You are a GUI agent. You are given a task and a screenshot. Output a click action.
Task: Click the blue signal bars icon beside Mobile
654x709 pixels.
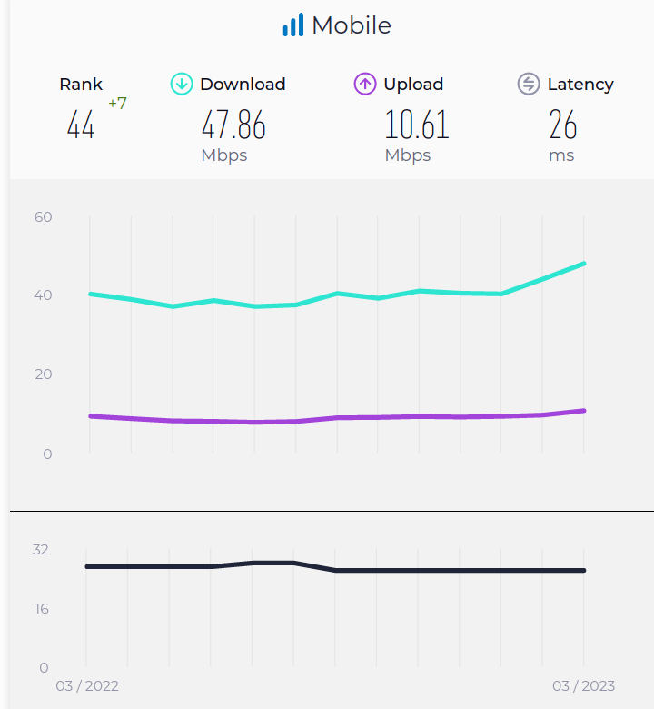pyautogui.click(x=292, y=25)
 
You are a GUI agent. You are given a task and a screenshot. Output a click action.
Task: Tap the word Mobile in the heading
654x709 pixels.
pyautogui.click(x=352, y=25)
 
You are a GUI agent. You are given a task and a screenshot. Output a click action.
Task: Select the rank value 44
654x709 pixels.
pyautogui.click(x=81, y=125)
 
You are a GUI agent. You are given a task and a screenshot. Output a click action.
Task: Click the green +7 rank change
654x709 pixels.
pyautogui.click(x=117, y=104)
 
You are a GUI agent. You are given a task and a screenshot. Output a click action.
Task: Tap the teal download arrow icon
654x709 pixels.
pyautogui.click(x=182, y=85)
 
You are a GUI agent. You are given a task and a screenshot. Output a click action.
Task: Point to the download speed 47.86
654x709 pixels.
pyautogui.click(x=233, y=125)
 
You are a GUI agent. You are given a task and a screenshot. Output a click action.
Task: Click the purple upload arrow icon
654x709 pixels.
pyautogui.click(x=365, y=85)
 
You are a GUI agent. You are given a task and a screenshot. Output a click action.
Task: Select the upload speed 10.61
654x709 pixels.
pyautogui.click(x=417, y=125)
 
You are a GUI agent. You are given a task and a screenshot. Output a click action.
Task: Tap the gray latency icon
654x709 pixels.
pyautogui.click(x=529, y=85)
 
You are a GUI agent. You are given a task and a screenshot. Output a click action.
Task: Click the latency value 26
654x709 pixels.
pyautogui.click(x=563, y=125)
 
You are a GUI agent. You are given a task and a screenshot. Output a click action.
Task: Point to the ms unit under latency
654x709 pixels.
pyautogui.click(x=561, y=155)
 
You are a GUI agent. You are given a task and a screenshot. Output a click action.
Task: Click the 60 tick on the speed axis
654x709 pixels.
pyautogui.click(x=44, y=216)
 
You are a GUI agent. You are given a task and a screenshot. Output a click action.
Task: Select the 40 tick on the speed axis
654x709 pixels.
pyautogui.click(x=44, y=295)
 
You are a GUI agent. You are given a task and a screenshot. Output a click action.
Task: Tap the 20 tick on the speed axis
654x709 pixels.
pyautogui.click(x=44, y=374)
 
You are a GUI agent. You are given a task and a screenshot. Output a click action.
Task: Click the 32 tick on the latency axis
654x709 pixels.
pyautogui.click(x=40, y=549)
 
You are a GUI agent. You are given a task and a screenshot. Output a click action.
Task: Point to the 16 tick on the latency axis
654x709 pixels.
pyautogui.click(x=42, y=608)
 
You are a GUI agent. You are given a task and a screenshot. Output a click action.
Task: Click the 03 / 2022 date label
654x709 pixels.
pyautogui.click(x=87, y=685)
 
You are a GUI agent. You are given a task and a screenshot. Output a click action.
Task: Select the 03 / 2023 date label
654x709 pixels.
pyautogui.click(x=583, y=685)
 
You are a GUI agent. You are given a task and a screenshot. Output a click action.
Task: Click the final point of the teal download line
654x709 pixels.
pyautogui.click(x=583, y=264)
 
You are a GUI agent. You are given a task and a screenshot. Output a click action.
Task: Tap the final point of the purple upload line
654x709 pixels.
pyautogui.click(x=583, y=411)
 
